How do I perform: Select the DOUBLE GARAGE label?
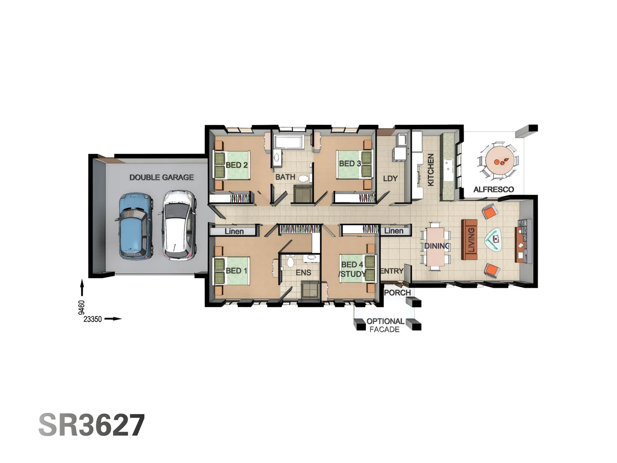point(162,177)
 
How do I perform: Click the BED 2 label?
point(237,165)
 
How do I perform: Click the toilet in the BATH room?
point(304,178)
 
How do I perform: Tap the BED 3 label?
point(350,164)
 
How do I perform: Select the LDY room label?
point(390,178)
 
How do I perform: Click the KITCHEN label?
point(431,170)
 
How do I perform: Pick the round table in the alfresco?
point(498,162)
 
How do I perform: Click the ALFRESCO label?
point(494,189)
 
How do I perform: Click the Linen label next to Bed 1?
point(234,231)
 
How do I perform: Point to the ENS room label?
point(303,273)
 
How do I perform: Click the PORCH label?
point(397,293)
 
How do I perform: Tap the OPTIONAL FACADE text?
point(385,325)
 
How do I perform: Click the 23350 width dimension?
point(93,319)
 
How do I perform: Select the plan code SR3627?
point(92,425)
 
